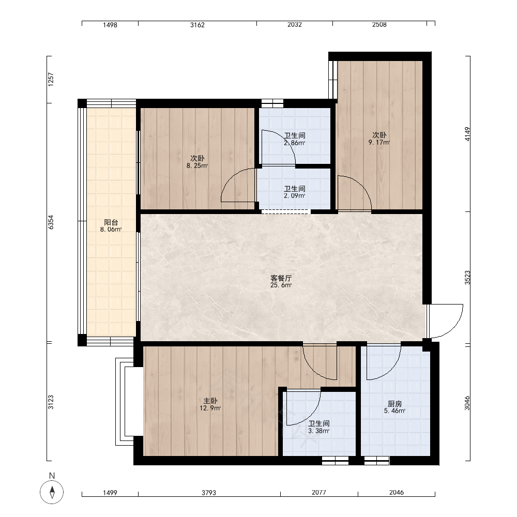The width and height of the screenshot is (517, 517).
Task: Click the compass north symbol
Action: [x=52, y=492]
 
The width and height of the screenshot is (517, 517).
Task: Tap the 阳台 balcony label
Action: [x=111, y=222]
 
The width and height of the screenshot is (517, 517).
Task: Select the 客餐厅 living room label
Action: [x=281, y=278]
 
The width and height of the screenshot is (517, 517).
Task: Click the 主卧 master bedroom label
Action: [x=210, y=401]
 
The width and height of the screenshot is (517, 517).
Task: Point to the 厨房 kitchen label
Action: [x=394, y=404]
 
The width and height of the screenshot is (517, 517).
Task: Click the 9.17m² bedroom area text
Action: [x=379, y=143]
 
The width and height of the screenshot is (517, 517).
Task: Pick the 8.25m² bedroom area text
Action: [x=197, y=165]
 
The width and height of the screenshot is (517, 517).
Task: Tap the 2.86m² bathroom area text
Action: [x=295, y=143]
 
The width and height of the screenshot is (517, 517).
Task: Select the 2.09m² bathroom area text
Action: [x=295, y=195]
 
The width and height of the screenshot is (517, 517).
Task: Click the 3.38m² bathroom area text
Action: [x=319, y=431]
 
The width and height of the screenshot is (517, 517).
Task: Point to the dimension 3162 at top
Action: [x=197, y=25]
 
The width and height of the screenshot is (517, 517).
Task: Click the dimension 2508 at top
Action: [x=379, y=24]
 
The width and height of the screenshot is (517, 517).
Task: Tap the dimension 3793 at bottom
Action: [x=209, y=493]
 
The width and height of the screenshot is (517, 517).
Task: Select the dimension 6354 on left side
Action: [x=51, y=222]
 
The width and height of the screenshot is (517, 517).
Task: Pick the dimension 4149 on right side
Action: [x=467, y=134]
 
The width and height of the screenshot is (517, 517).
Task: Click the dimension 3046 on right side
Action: [x=467, y=403]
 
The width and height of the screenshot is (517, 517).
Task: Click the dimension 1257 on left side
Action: [x=51, y=80]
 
